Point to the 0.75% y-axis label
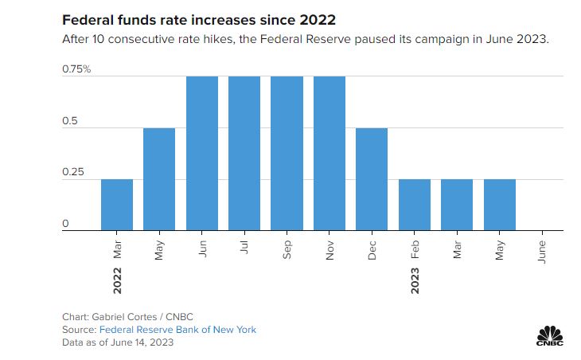point(76,69)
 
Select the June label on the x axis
point(542,249)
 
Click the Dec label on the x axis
point(372,248)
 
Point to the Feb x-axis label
point(415,248)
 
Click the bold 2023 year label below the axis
point(415,279)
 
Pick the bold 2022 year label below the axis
point(117,279)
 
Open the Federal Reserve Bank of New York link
point(177,329)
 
